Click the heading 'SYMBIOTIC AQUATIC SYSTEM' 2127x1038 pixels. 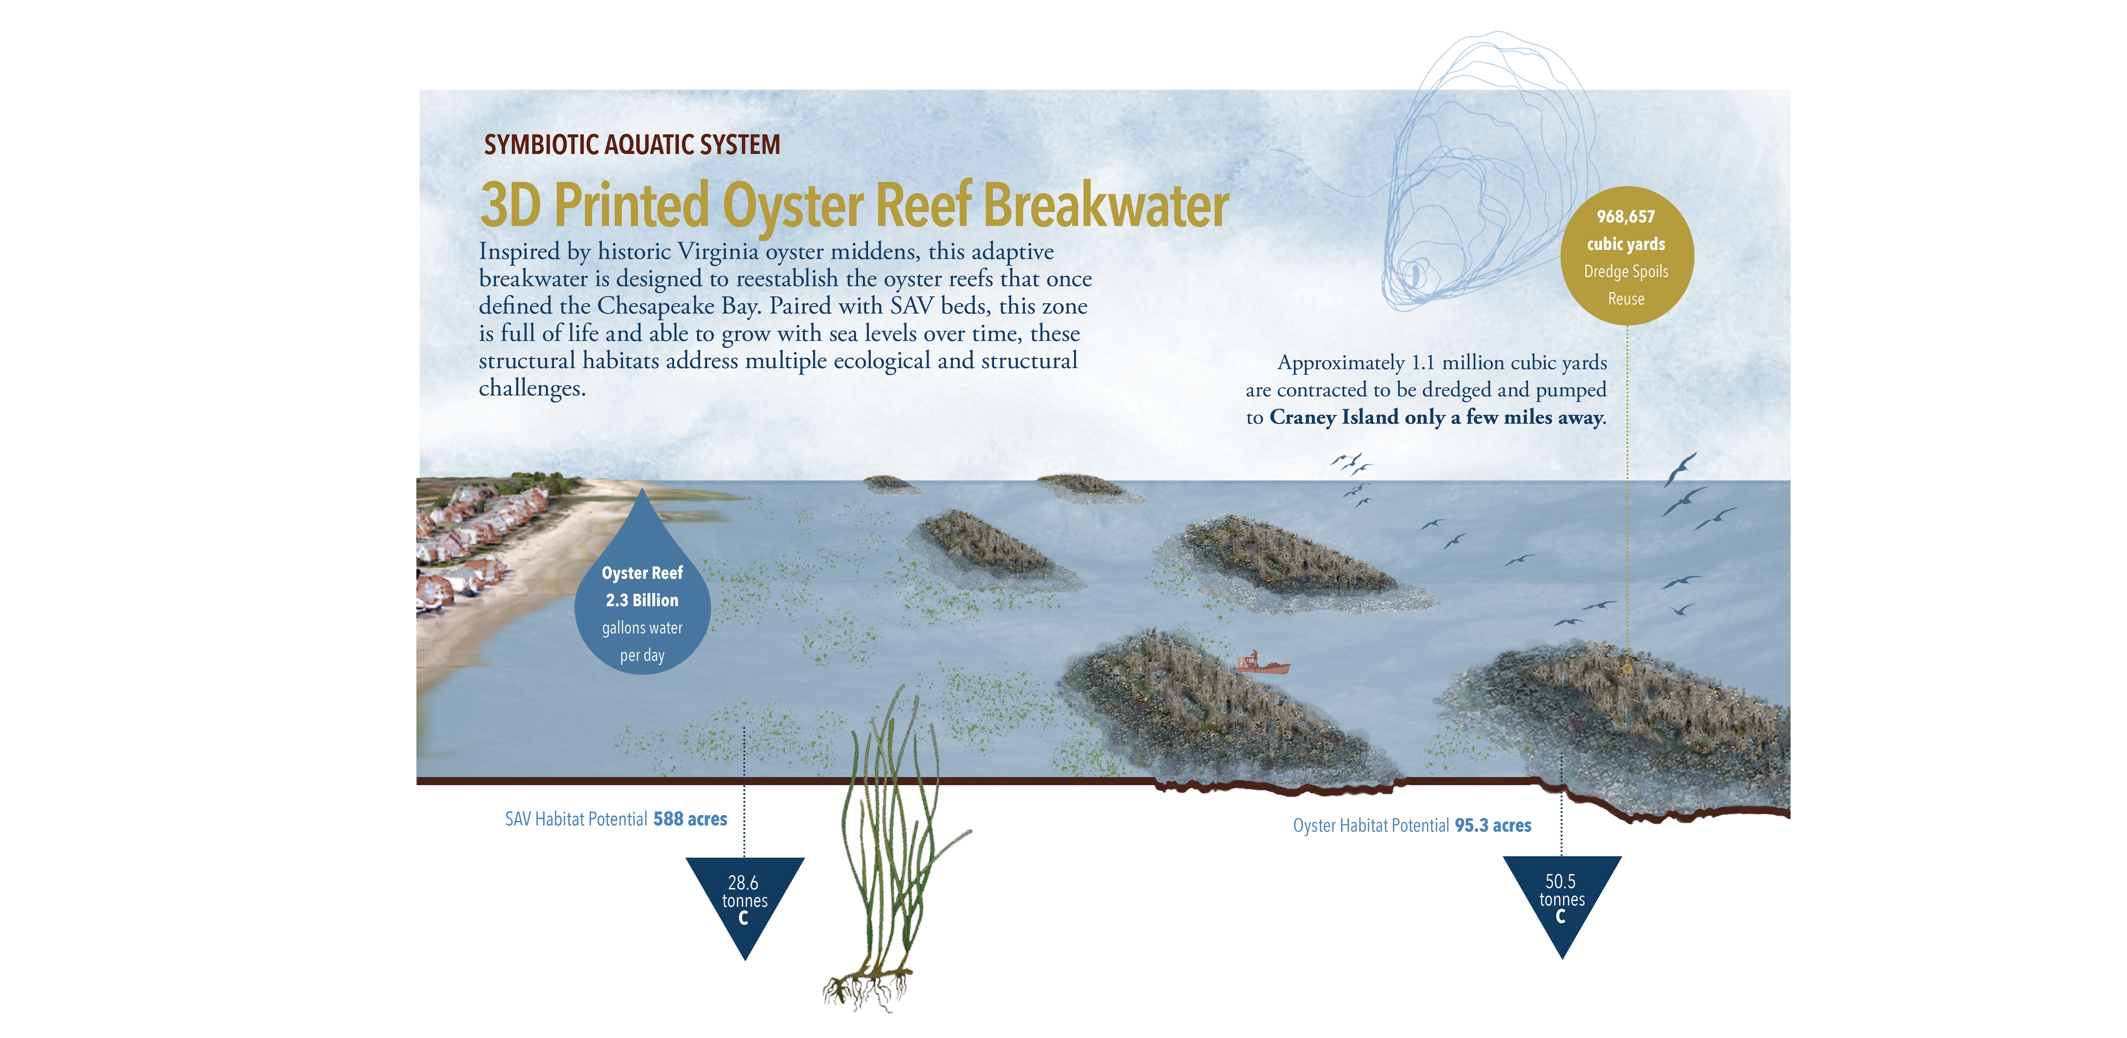point(632,145)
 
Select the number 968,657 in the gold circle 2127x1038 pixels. point(1626,216)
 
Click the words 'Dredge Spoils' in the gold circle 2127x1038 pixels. point(1626,272)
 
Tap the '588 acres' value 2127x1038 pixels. point(690,819)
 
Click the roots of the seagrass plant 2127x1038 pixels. point(867,987)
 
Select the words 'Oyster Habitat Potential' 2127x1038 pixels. point(1371,826)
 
